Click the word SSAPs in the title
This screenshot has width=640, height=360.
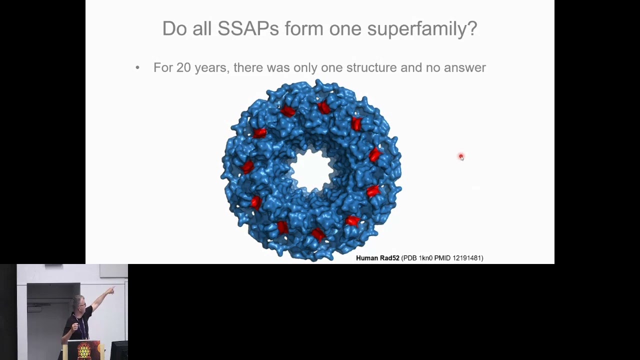(248, 28)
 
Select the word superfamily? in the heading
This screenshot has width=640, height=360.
(422, 28)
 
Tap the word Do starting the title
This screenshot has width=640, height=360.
(174, 28)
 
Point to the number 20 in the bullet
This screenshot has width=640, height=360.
(183, 67)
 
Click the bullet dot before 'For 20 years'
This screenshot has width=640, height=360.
(137, 68)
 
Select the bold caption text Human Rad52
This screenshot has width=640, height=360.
(377, 258)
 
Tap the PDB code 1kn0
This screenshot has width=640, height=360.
(425, 258)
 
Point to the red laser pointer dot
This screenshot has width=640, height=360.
(461, 157)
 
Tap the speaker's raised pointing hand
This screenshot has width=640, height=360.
(111, 290)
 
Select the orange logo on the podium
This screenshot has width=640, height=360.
(83, 351)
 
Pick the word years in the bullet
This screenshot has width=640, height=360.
(210, 67)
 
